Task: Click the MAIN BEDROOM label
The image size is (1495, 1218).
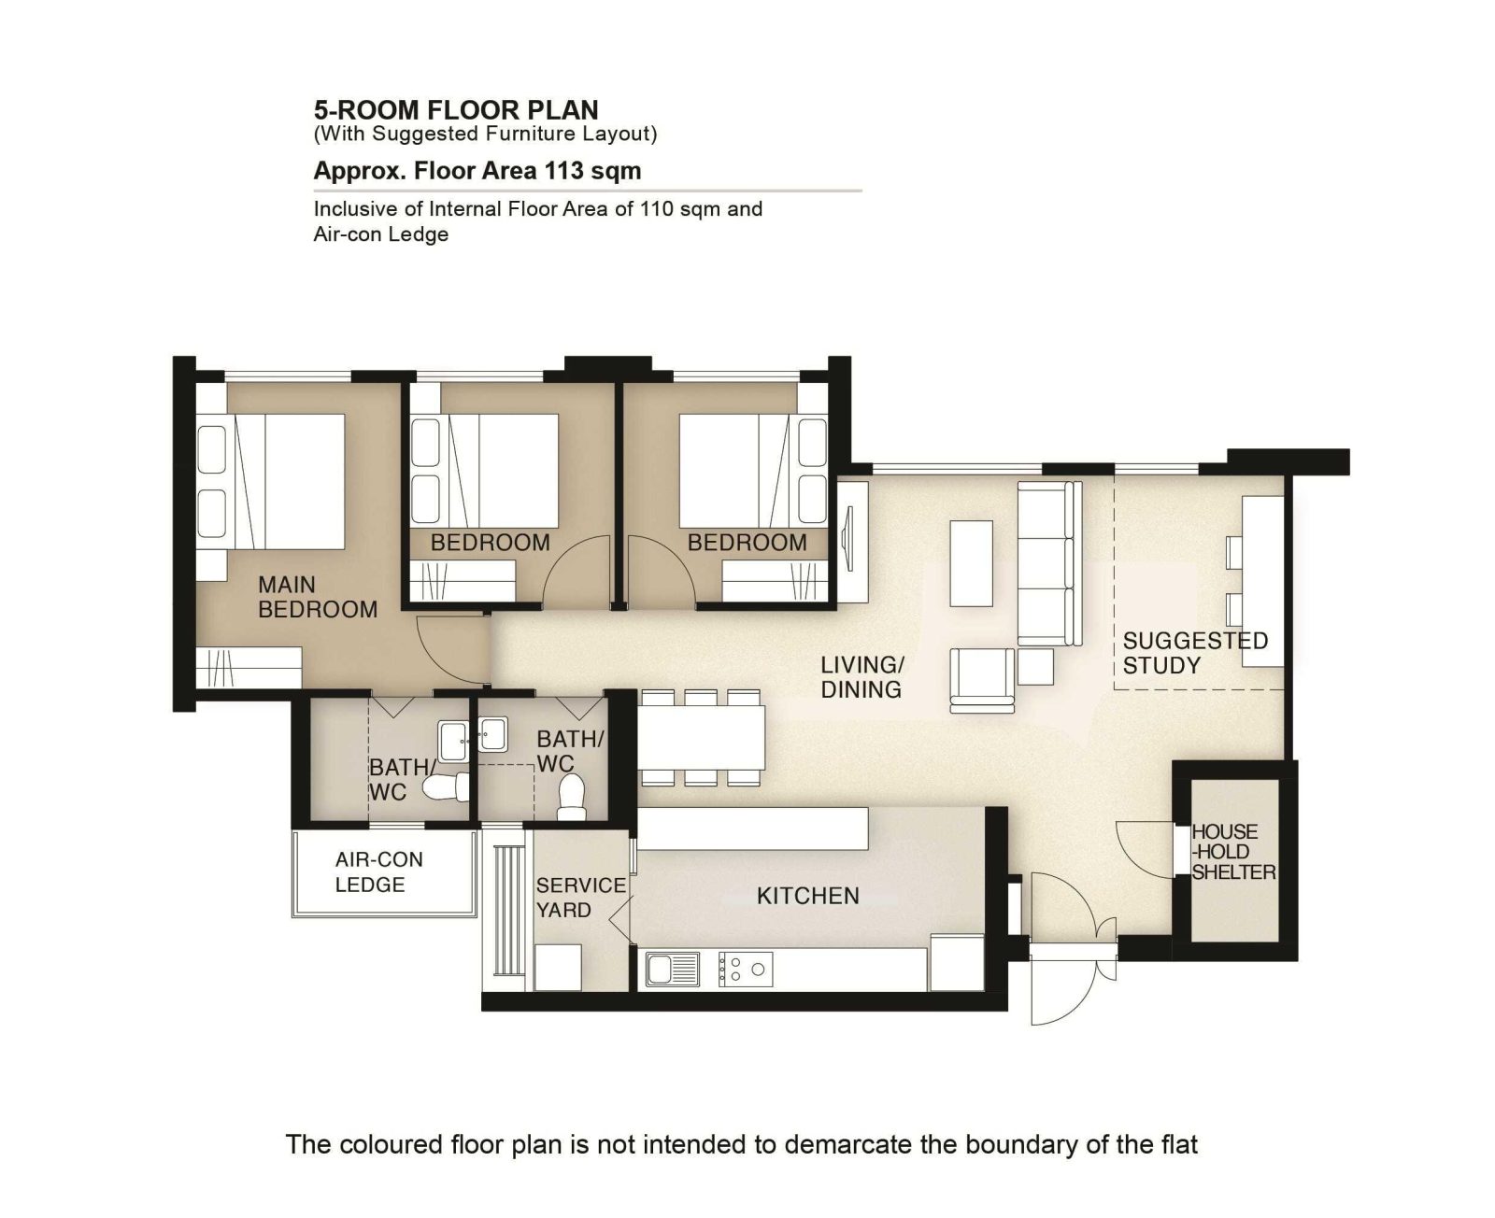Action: click(318, 596)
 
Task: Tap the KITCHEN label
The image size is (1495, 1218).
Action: click(808, 896)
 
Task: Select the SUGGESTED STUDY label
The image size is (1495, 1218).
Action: click(1195, 653)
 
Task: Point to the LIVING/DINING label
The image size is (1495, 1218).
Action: click(861, 677)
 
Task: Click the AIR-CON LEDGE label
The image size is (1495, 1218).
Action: click(379, 872)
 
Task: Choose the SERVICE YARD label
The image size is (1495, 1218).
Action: click(580, 898)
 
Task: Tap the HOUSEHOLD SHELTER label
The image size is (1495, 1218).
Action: click(1233, 852)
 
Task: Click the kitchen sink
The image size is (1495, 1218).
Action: click(673, 969)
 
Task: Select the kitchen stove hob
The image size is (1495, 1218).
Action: click(746, 969)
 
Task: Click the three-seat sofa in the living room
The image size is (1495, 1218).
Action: click(1049, 562)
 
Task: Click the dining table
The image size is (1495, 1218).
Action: click(701, 737)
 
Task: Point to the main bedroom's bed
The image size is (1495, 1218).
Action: click(270, 481)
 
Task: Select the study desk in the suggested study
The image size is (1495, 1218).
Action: click(1262, 582)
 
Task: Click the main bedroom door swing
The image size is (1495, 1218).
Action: click(453, 650)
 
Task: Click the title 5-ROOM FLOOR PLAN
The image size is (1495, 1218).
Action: click(456, 109)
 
